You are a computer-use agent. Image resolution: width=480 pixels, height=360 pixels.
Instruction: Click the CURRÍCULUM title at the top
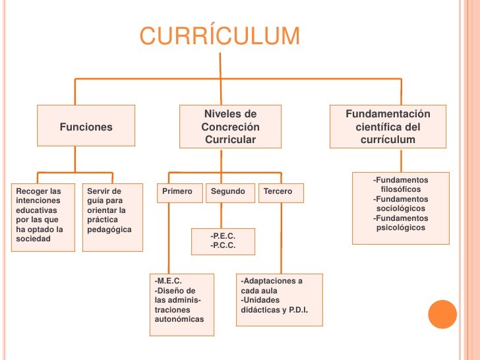[x=220, y=36]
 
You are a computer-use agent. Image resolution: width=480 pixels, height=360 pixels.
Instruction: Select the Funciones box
[x=86, y=127]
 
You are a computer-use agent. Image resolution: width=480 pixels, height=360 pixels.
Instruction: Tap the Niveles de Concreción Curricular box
[x=230, y=127]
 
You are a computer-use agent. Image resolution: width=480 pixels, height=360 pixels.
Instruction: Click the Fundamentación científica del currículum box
[x=388, y=127]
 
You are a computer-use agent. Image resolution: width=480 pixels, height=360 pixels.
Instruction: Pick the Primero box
[x=177, y=192]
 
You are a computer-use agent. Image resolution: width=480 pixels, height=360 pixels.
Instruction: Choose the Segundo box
[x=228, y=192]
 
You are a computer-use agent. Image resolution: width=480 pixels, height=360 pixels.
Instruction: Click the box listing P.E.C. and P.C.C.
[x=223, y=241]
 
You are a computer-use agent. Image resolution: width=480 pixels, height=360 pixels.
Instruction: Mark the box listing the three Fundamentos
[x=401, y=208]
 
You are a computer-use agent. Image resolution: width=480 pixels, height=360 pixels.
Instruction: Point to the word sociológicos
[x=401, y=208]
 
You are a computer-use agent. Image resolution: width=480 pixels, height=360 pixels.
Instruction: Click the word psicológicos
[x=401, y=228]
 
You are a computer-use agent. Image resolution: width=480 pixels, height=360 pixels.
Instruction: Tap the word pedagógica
[x=109, y=229]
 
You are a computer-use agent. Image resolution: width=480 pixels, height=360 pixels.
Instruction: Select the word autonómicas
[x=179, y=319]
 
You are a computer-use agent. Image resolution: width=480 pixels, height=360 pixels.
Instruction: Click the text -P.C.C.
[x=223, y=245]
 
